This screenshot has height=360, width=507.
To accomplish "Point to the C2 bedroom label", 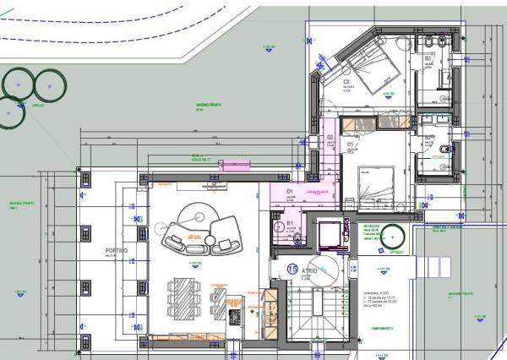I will pyautogui.click(x=346, y=82).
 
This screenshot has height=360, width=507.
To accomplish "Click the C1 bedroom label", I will pyautogui.click(x=351, y=145).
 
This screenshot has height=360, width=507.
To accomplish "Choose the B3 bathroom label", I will pyautogui.click(x=428, y=58).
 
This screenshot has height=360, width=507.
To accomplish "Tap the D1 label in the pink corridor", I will pyautogui.click(x=289, y=193).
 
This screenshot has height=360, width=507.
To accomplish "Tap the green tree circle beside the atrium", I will pyautogui.click(x=391, y=237).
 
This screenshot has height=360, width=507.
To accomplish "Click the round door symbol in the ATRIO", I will pyautogui.click(x=325, y=274).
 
